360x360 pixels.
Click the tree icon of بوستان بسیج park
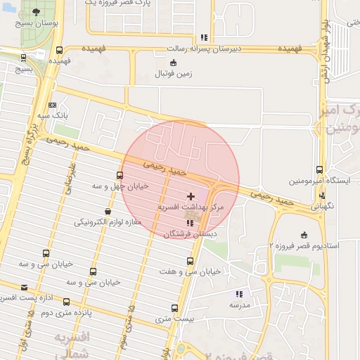(35, 13)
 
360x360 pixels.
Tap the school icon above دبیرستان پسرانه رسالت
(204, 37)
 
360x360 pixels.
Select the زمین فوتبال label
(172, 73)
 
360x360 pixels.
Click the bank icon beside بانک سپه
(52, 105)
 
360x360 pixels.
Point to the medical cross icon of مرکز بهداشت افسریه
(191, 195)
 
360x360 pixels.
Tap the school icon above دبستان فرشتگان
(190, 223)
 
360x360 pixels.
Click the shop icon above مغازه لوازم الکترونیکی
(108, 211)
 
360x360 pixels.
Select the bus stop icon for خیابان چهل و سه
(120, 175)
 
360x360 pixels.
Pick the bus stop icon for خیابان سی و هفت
(190, 261)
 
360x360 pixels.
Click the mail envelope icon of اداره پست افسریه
(25, 287)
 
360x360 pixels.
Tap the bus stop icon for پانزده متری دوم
(66, 302)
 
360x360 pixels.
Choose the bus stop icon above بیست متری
(175, 308)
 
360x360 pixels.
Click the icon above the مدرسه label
(239, 294)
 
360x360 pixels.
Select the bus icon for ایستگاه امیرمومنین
(320, 169)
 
